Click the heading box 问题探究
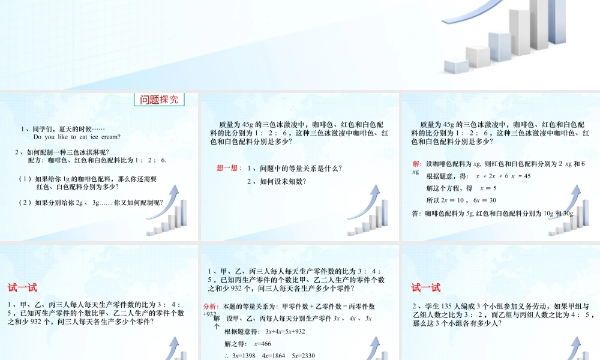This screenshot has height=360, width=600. coord(159,100)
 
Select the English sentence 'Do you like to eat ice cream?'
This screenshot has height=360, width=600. coord(77,137)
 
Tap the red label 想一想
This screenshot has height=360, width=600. coord(229,169)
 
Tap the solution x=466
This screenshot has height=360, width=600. coord(263,344)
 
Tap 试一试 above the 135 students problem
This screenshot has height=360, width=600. coord(426,288)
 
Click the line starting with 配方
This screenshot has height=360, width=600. coord(97,161)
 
